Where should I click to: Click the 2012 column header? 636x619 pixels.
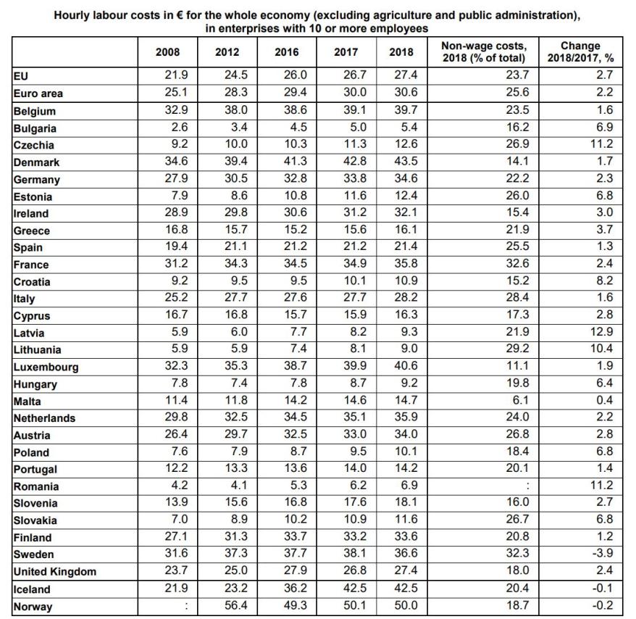click(x=227, y=52)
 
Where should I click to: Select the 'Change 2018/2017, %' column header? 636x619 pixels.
click(x=580, y=52)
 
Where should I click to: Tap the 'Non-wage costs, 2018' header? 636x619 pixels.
click(x=484, y=52)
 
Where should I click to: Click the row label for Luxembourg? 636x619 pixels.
click(x=46, y=367)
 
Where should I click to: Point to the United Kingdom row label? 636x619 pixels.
click(x=54, y=572)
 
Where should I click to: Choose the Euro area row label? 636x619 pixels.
click(x=38, y=94)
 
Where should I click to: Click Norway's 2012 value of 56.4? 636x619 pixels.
click(x=235, y=606)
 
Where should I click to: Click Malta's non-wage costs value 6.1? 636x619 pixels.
click(x=521, y=401)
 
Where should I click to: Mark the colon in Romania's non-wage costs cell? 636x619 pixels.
click(x=527, y=486)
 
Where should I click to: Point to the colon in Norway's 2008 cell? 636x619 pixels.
click(x=186, y=606)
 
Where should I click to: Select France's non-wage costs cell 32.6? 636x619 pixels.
click(x=519, y=265)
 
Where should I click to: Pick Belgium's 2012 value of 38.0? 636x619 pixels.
click(x=235, y=111)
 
